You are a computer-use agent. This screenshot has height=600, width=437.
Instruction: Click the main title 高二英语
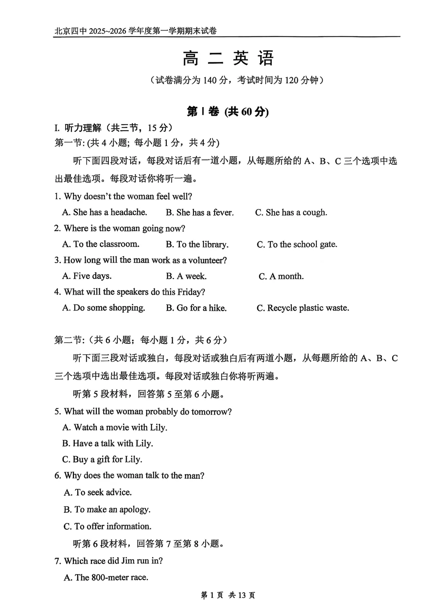(228, 58)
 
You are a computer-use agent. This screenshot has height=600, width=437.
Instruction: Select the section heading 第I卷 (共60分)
(227, 112)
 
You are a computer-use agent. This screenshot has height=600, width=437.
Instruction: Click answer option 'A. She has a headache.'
(104, 212)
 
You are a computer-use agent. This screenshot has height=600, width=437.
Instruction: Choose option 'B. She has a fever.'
(199, 213)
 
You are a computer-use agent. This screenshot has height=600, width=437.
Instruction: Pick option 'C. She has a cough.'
(291, 213)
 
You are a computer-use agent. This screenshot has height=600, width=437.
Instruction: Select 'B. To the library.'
(197, 244)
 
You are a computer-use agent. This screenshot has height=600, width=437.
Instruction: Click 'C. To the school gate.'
(297, 244)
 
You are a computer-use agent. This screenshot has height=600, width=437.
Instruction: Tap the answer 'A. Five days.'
(87, 276)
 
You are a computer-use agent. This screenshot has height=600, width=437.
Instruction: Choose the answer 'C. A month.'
(281, 276)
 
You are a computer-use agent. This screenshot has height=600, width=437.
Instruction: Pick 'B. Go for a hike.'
(196, 308)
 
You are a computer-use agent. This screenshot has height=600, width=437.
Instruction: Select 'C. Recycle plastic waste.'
(303, 308)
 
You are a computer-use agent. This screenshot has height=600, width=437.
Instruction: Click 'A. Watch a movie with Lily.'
(115, 427)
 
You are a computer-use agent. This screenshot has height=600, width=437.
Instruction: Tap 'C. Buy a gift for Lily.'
(102, 459)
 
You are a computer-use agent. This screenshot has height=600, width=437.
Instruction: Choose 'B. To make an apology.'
(107, 509)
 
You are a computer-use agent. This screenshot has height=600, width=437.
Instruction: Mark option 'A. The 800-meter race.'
(106, 577)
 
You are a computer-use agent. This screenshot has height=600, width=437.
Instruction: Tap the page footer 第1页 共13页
(228, 595)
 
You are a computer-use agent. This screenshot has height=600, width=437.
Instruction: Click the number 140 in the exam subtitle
(210, 80)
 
